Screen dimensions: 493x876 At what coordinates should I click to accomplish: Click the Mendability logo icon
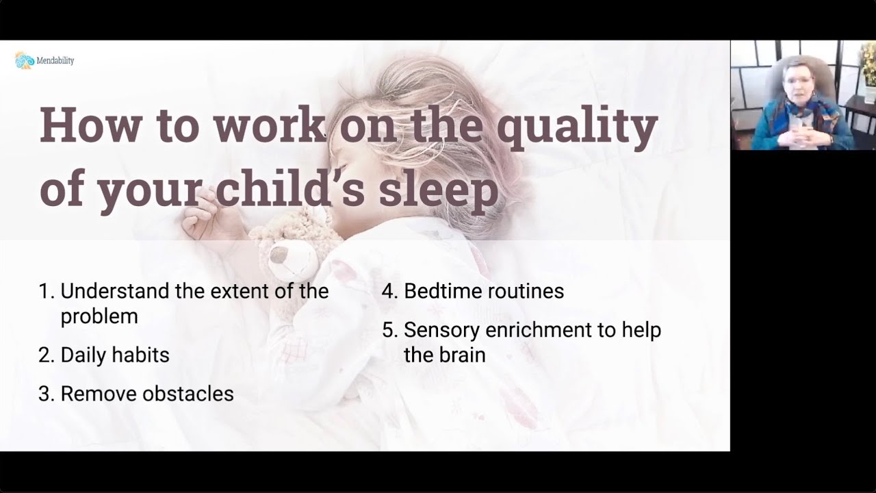point(24,60)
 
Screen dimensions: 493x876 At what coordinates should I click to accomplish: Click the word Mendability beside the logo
point(55,61)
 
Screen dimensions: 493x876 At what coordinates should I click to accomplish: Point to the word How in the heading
point(90,125)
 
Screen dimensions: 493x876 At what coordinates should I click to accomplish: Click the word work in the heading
point(269,125)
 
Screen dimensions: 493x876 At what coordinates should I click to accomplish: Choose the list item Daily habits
point(114,355)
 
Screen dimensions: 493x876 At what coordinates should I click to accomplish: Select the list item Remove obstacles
point(146,394)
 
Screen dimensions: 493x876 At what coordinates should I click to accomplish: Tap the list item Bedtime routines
point(483,291)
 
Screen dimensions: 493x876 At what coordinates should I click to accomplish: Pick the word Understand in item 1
point(114,291)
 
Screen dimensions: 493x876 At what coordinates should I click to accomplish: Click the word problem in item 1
point(99,316)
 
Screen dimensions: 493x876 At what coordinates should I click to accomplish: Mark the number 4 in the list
point(388,291)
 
